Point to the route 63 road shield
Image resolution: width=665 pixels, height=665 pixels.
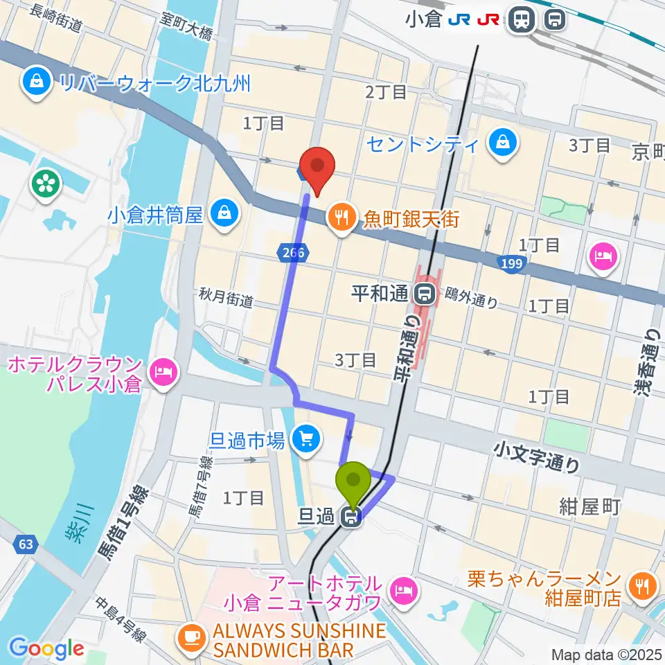26,544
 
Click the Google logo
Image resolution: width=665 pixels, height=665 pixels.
46,648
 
